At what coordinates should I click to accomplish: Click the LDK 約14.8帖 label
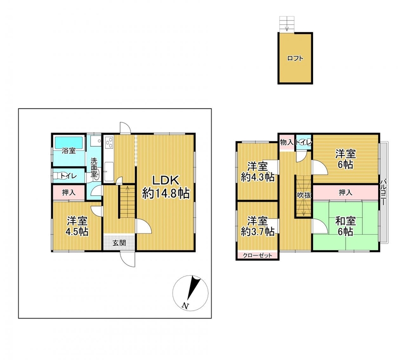(x=166, y=187)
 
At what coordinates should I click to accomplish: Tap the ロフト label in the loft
(x=295, y=58)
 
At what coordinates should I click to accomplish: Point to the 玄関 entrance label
(x=119, y=243)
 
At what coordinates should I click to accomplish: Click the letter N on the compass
(x=185, y=305)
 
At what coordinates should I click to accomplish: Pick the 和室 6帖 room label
(x=346, y=226)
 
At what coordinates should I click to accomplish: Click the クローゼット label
(x=257, y=255)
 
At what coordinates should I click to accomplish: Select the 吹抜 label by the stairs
(x=303, y=195)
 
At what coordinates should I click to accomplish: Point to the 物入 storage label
(x=287, y=142)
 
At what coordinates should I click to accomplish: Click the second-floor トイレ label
(x=304, y=142)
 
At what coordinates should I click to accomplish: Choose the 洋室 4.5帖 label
(x=77, y=226)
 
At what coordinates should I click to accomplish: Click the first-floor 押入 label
(x=69, y=192)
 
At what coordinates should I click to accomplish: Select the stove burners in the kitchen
(x=109, y=143)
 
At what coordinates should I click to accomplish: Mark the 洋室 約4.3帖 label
(x=257, y=172)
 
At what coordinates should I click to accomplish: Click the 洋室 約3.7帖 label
(x=257, y=226)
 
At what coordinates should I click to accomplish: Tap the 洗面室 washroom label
(x=93, y=167)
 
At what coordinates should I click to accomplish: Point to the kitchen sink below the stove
(x=109, y=172)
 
